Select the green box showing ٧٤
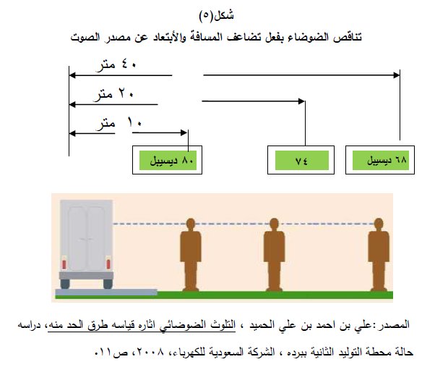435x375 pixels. tap(301, 160)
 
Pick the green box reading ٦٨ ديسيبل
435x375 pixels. tap(378, 160)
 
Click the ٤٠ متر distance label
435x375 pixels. tap(117, 64)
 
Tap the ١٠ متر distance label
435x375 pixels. tap(116, 123)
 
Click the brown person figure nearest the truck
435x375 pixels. tap(191, 253)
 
